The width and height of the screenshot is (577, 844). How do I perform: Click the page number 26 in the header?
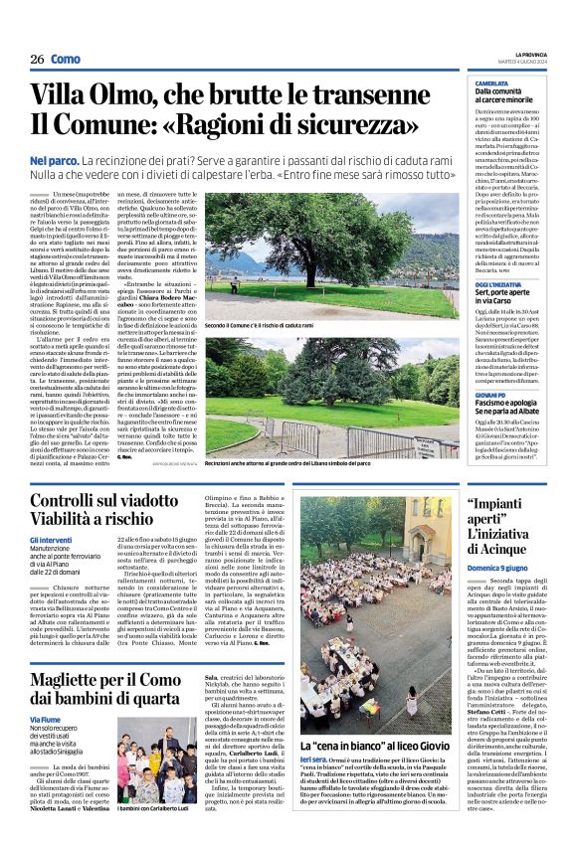tap(37, 59)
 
